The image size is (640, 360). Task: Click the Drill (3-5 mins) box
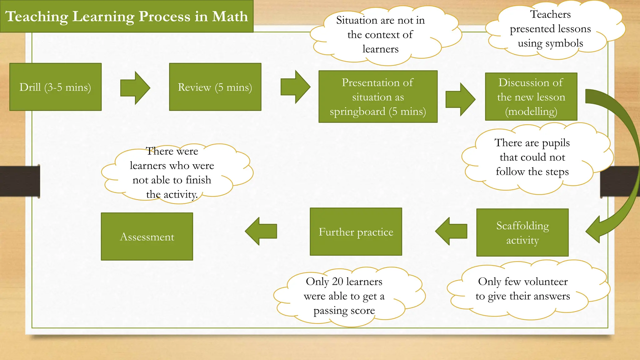[x=55, y=87]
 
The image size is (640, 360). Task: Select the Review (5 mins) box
[x=215, y=87]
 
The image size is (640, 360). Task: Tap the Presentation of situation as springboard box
[x=378, y=97]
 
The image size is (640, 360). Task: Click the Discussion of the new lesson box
[x=531, y=97]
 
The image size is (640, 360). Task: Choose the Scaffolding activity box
[x=522, y=232]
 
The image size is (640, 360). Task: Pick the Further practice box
[x=356, y=232]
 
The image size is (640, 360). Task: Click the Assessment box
[x=147, y=237]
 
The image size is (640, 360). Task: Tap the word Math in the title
[x=230, y=16]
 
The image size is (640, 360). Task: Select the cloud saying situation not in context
[x=380, y=34]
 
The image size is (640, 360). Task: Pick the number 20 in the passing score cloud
[x=337, y=281]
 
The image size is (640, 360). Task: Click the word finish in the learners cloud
[x=198, y=180]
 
